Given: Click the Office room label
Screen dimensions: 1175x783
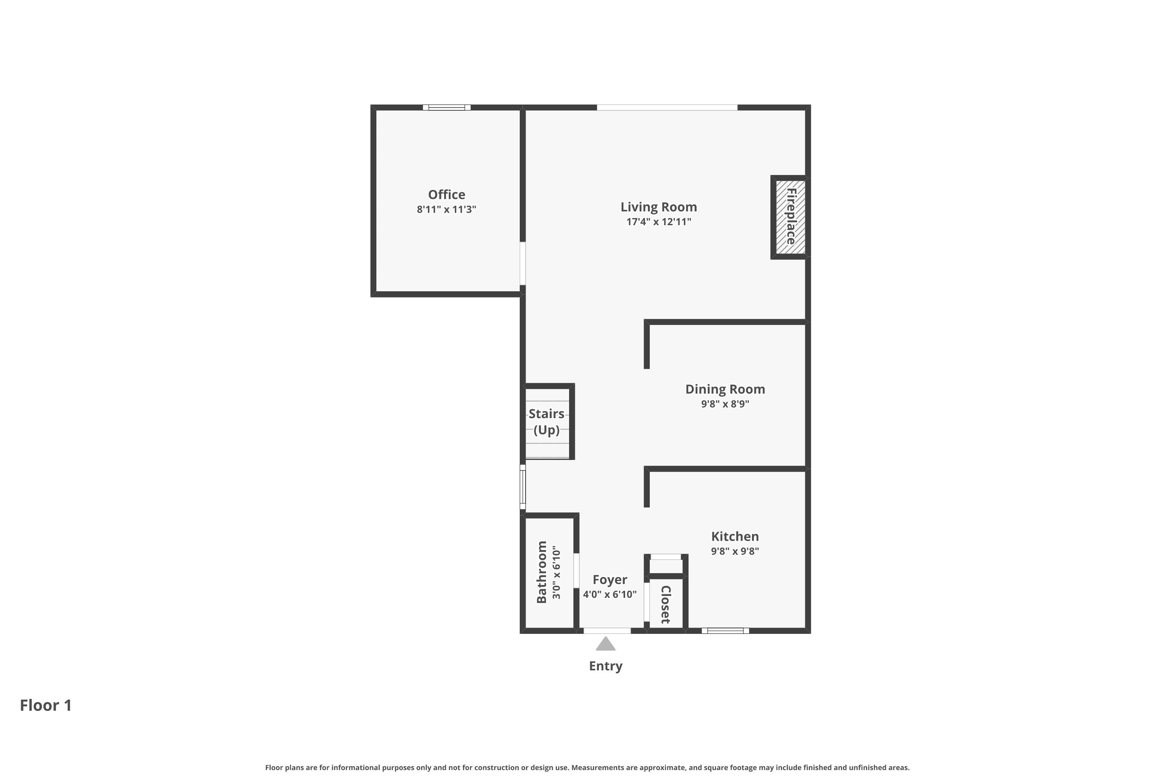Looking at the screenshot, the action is click(x=446, y=195).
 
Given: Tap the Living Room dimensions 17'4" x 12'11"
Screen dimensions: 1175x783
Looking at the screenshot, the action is click(x=658, y=222).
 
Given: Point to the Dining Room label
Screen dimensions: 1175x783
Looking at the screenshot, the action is click(x=725, y=390).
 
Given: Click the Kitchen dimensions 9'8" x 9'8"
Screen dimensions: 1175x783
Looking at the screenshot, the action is click(x=735, y=551).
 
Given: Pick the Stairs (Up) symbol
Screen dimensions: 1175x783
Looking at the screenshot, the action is click(x=548, y=422).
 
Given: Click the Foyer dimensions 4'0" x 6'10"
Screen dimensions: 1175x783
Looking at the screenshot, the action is click(x=609, y=595).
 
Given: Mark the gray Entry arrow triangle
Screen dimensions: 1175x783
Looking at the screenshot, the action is click(x=606, y=644).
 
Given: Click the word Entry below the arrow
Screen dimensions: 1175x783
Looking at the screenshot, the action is click(x=606, y=666).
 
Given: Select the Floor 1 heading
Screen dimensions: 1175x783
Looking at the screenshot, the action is click(x=45, y=705).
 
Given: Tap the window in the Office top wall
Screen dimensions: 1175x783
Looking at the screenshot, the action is click(x=446, y=107).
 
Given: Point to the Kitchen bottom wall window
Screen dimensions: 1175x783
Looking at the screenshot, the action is click(x=725, y=631).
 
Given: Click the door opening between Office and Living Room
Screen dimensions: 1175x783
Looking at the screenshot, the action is click(x=522, y=263).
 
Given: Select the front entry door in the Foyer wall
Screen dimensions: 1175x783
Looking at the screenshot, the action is click(x=607, y=631).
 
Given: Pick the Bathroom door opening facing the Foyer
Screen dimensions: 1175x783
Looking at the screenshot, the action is click(x=576, y=570).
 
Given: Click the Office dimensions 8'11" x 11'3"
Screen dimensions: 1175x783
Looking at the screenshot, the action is click(x=446, y=209).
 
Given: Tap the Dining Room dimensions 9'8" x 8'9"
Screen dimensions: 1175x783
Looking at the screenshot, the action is click(x=725, y=404).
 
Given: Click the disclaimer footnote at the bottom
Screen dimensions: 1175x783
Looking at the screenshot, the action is click(x=587, y=767).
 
